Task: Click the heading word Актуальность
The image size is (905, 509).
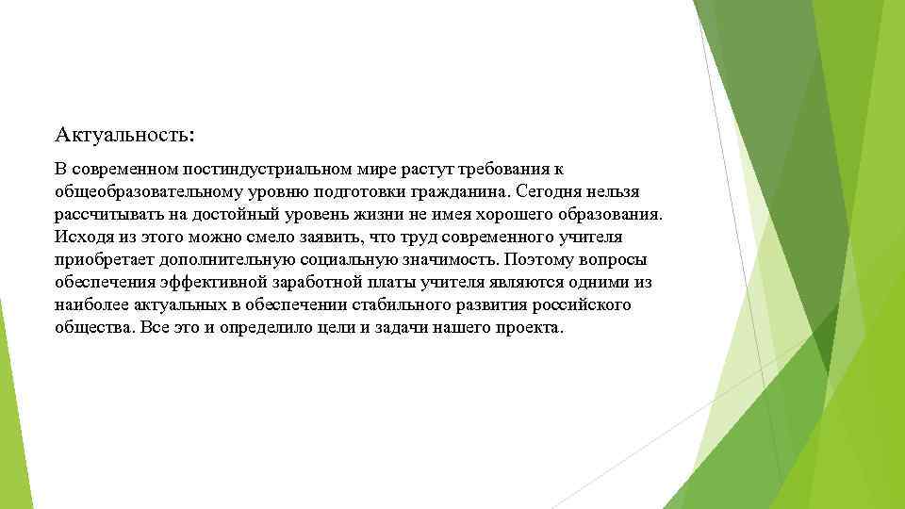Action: pos(123,135)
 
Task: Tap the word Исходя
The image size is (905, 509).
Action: pos(80,237)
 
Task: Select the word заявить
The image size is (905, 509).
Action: pos(323,237)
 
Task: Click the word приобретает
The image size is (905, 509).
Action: pos(102,259)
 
